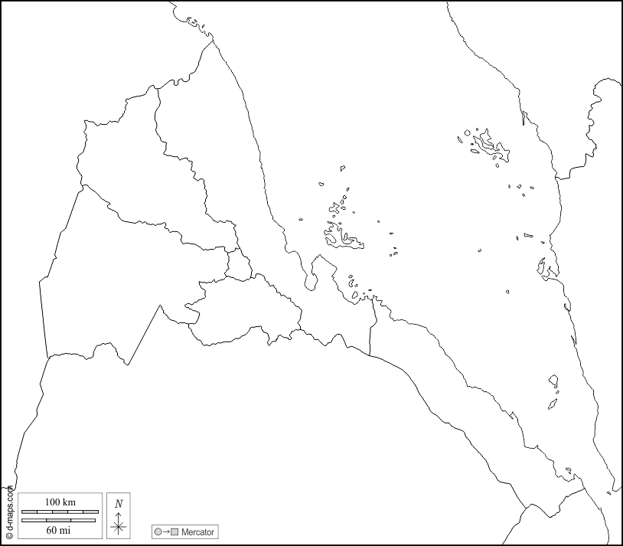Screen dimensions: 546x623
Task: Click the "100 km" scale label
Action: pyautogui.click(x=60, y=502)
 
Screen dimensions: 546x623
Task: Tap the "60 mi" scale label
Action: pyautogui.click(x=59, y=529)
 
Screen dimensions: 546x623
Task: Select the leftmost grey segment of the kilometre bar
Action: pyautogui.click(x=31, y=511)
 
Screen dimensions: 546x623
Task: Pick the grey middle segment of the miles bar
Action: pyautogui.click(x=59, y=520)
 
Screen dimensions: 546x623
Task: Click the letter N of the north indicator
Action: pyautogui.click(x=118, y=503)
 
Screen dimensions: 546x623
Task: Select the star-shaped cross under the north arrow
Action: pyautogui.click(x=118, y=526)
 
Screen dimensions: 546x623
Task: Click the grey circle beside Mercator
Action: pyautogui.click(x=158, y=531)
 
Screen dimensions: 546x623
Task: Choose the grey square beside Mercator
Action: pyautogui.click(x=175, y=531)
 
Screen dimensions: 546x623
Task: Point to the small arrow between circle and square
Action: pyautogui.click(x=166, y=531)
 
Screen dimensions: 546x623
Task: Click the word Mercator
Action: pyautogui.click(x=197, y=531)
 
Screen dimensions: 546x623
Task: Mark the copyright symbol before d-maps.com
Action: pyautogui.click(x=9, y=536)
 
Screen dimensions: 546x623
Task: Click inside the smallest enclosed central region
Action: pyautogui.click(x=239, y=265)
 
